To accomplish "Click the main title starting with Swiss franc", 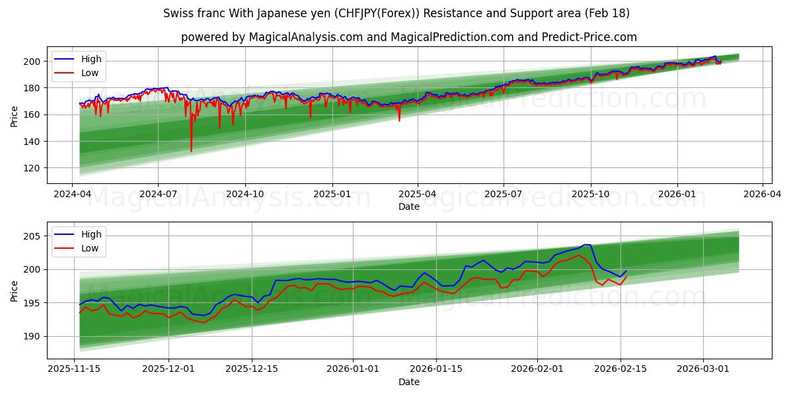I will [x=397, y=13].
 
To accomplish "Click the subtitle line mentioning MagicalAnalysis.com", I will [x=409, y=37].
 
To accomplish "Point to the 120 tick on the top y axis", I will [x=32, y=168].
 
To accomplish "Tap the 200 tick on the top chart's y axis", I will [x=32, y=62].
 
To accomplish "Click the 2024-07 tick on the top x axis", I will [x=158, y=195].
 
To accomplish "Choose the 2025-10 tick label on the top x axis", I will [x=590, y=195].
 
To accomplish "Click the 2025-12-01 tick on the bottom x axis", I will [x=168, y=369].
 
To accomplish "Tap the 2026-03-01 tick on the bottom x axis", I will [x=702, y=369].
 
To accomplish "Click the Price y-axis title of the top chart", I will [x=15, y=116].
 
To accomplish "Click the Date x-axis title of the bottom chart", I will [x=409, y=382].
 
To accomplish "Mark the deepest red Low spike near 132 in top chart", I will [x=192, y=152].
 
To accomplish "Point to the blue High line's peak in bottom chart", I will [x=585, y=245].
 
